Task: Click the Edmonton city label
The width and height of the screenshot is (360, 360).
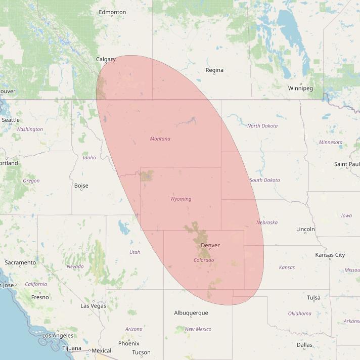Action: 112,12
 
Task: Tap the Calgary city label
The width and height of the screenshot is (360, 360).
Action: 106,59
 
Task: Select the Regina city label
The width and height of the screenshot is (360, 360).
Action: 214,70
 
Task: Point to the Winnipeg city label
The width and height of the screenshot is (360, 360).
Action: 300,88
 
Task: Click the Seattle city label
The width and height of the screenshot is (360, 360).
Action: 11,120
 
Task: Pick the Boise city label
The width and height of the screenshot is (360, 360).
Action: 81,186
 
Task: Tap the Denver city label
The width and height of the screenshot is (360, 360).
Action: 210,245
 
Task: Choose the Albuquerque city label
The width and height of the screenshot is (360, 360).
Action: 191,313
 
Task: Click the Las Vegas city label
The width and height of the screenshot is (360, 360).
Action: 93,306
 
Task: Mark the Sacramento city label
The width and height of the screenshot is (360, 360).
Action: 20,262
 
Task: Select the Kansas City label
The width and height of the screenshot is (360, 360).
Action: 330,255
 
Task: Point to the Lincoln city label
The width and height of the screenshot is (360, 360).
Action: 305,229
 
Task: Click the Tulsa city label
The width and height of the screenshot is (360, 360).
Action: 313,298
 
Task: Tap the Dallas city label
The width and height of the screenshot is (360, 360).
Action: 304,345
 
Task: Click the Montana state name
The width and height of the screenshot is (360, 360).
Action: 160,139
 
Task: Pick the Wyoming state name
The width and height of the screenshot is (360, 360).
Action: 181,199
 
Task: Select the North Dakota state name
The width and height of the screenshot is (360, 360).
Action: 262,126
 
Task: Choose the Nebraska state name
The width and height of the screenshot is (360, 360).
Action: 266,222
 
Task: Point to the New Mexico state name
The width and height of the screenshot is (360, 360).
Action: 198,329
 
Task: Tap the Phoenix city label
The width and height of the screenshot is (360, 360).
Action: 128,343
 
